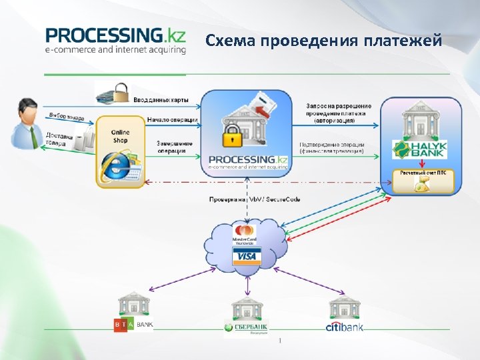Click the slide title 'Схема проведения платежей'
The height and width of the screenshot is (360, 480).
point(323,41)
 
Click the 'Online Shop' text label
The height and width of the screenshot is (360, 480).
point(121,136)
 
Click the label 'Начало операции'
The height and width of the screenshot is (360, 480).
point(171,120)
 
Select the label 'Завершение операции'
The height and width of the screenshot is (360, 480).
point(175,147)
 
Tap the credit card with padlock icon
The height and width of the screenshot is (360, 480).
point(113,93)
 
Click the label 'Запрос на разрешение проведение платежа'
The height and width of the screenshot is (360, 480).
point(339,113)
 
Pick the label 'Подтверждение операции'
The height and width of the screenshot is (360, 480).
point(331,147)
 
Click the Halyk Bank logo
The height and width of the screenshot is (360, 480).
point(419,149)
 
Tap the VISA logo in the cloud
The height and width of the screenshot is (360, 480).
point(246,257)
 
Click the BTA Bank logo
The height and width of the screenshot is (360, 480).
point(133,324)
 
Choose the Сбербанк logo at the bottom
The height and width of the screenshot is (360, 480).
point(247,327)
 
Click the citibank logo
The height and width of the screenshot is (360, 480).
point(344,326)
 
